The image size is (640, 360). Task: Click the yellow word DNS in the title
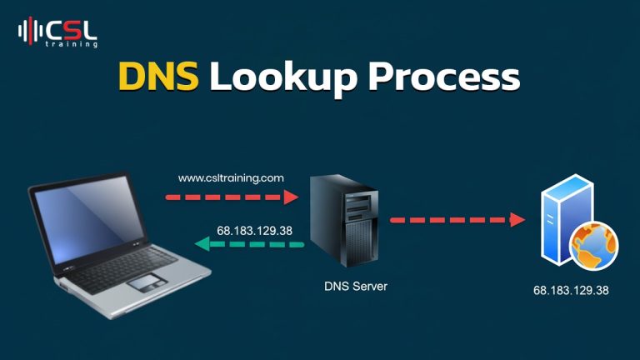click(158, 76)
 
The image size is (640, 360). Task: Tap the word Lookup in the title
click(282, 78)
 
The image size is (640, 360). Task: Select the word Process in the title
click(443, 77)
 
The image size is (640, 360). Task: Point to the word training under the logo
click(72, 44)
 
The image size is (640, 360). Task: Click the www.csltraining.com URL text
click(231, 178)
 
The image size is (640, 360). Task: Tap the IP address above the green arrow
click(254, 231)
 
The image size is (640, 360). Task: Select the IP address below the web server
click(571, 291)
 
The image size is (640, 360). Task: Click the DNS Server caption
click(356, 287)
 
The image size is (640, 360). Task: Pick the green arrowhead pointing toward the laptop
click(202, 244)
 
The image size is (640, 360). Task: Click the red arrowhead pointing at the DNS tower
click(291, 197)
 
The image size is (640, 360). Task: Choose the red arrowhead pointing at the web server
click(517, 220)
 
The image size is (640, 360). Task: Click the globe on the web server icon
click(594, 247)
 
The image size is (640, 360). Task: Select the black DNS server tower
click(343, 221)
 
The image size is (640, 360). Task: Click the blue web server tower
click(567, 220)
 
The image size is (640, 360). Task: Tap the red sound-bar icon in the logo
click(30, 31)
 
